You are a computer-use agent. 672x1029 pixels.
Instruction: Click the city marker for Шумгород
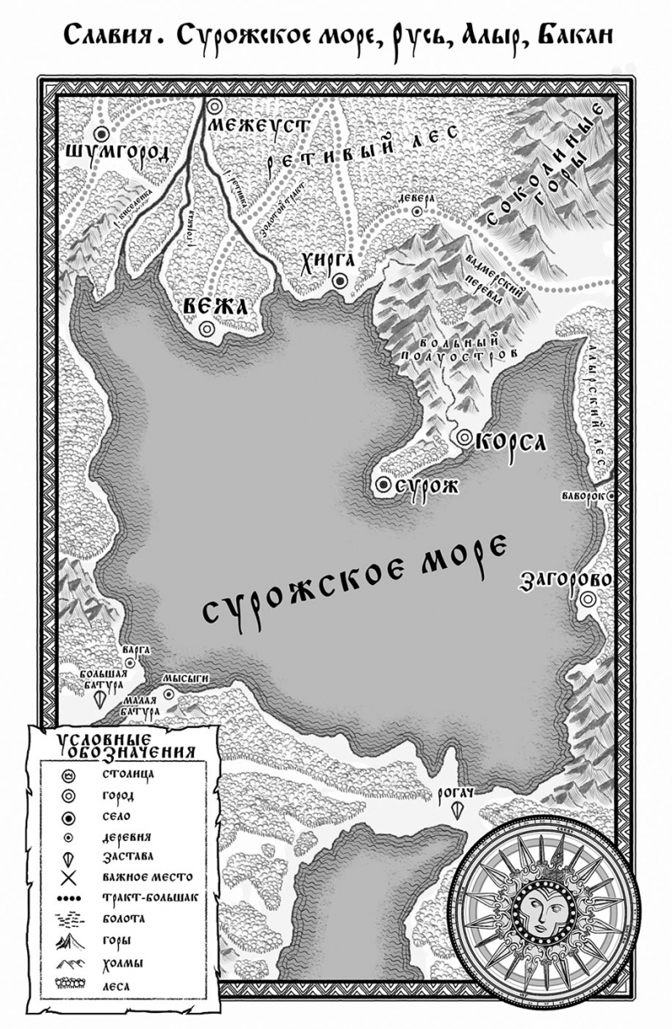pyautogui.click(x=103, y=134)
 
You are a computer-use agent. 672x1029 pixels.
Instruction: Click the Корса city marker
pyautogui.click(x=464, y=437)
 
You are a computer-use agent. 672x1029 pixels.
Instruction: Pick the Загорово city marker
pyautogui.click(x=587, y=600)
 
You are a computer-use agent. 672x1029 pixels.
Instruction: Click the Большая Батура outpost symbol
pyautogui.click(x=101, y=699)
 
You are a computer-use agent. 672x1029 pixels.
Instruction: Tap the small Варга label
pyautogui.click(x=135, y=649)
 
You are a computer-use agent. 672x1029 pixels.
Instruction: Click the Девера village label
pyautogui.click(x=416, y=197)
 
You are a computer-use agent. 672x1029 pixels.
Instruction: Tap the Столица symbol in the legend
pyautogui.click(x=69, y=776)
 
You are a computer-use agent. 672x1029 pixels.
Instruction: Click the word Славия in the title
pyautogui.click(x=106, y=38)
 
